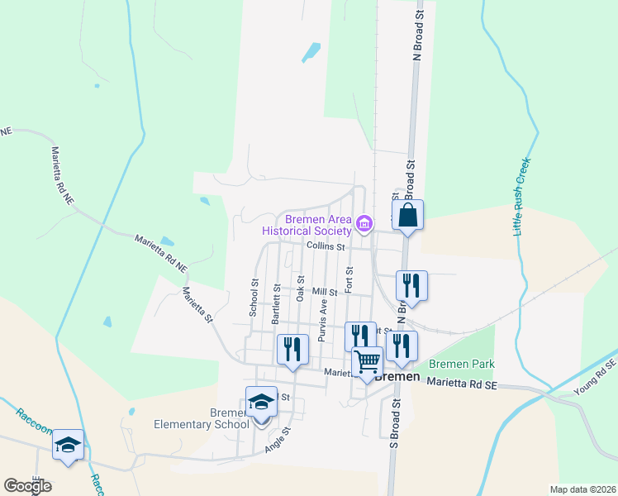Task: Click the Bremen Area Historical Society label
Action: [x=318, y=226]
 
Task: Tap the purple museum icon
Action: [x=364, y=223]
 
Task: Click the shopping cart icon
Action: [x=368, y=361]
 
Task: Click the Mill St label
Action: [x=325, y=292]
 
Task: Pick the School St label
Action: [x=254, y=297]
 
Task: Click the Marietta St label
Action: [x=197, y=305]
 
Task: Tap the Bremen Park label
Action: [x=460, y=364]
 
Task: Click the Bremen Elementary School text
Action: [x=202, y=418]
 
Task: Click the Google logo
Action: [x=27, y=486]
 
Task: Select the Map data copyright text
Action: [x=582, y=489]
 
